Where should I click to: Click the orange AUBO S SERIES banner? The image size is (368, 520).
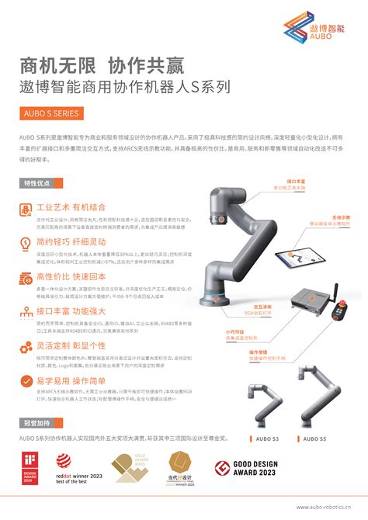50,113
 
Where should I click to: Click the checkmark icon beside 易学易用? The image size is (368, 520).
26,382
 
